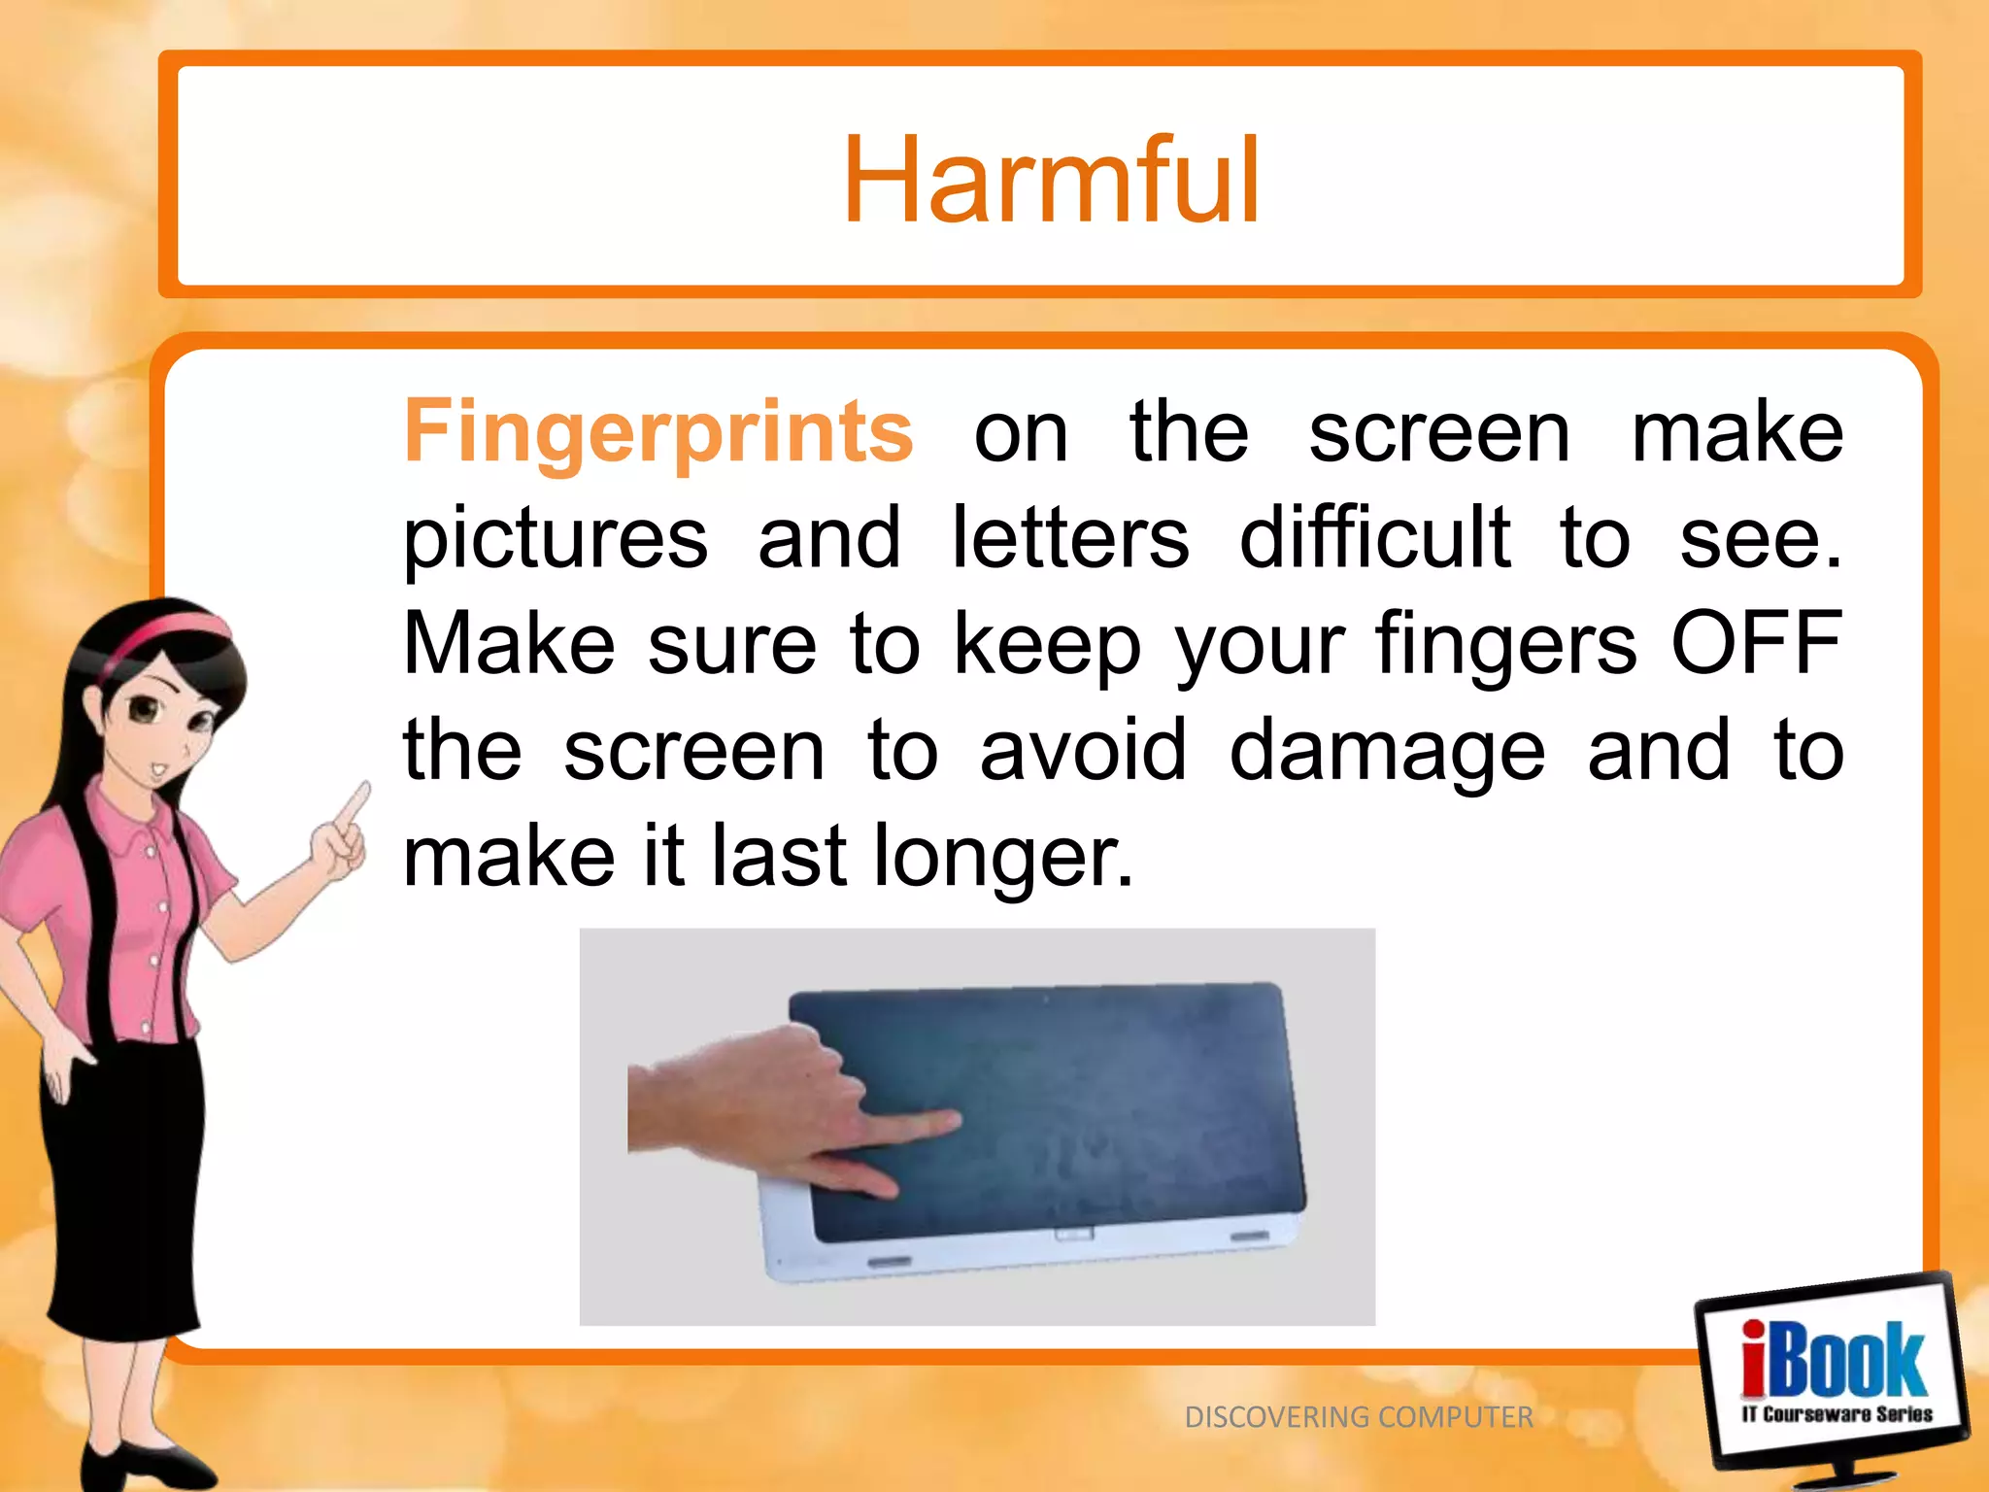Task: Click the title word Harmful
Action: (x=1051, y=181)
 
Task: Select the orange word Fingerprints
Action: (x=658, y=432)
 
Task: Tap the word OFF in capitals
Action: (x=1756, y=643)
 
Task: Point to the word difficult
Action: (x=1374, y=537)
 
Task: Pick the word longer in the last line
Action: (x=1002, y=857)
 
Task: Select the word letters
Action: (x=1069, y=537)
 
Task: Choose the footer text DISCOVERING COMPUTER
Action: (x=1358, y=1417)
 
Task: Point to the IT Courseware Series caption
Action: (x=1837, y=1414)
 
